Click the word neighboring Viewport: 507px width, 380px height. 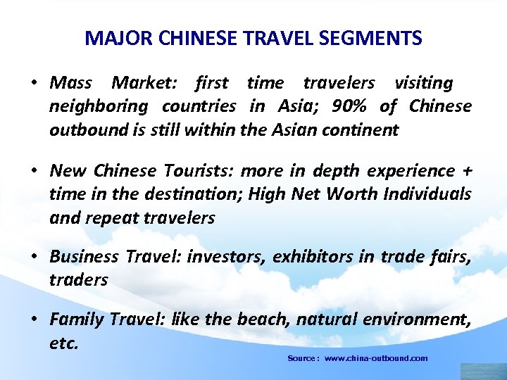pos(99,106)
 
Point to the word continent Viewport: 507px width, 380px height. pos(364,129)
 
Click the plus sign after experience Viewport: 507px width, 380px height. pos(467,171)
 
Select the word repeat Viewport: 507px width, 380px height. pos(112,217)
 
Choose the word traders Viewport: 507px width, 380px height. pos(78,279)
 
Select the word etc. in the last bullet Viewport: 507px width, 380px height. pos(63,344)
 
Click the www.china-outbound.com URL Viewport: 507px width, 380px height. pos(376,358)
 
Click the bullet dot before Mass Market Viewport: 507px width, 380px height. pos(33,84)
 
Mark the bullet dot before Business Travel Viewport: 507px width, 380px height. pos(33,257)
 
